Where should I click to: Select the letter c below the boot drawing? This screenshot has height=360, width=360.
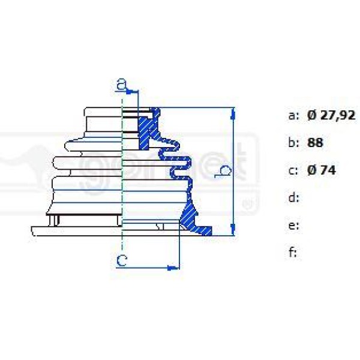[122, 260]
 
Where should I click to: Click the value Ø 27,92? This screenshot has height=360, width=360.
[331, 116]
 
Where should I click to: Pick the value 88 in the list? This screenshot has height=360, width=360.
[315, 143]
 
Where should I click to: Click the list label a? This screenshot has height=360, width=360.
[293, 116]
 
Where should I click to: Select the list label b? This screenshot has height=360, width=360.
[293, 143]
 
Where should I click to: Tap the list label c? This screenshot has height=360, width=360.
[293, 170]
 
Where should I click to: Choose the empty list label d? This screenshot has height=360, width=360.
[293, 197]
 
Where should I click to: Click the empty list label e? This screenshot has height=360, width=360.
[293, 225]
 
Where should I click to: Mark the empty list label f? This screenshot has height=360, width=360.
[293, 252]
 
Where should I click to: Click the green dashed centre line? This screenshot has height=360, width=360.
[122, 180]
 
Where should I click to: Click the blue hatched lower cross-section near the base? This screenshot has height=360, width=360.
[191, 216]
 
